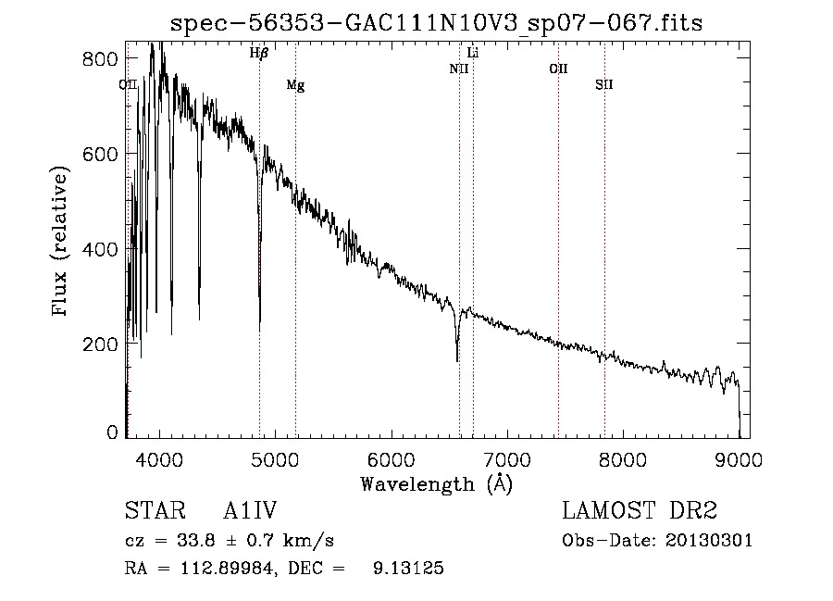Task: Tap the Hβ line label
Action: click(259, 54)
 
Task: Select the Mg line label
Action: click(295, 85)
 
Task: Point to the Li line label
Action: click(473, 54)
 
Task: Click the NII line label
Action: click(459, 69)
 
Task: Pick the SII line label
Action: click(604, 85)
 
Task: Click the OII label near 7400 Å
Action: click(558, 69)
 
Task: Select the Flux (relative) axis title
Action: click(62, 244)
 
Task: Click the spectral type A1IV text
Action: click(250, 511)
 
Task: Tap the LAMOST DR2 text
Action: click(640, 511)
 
